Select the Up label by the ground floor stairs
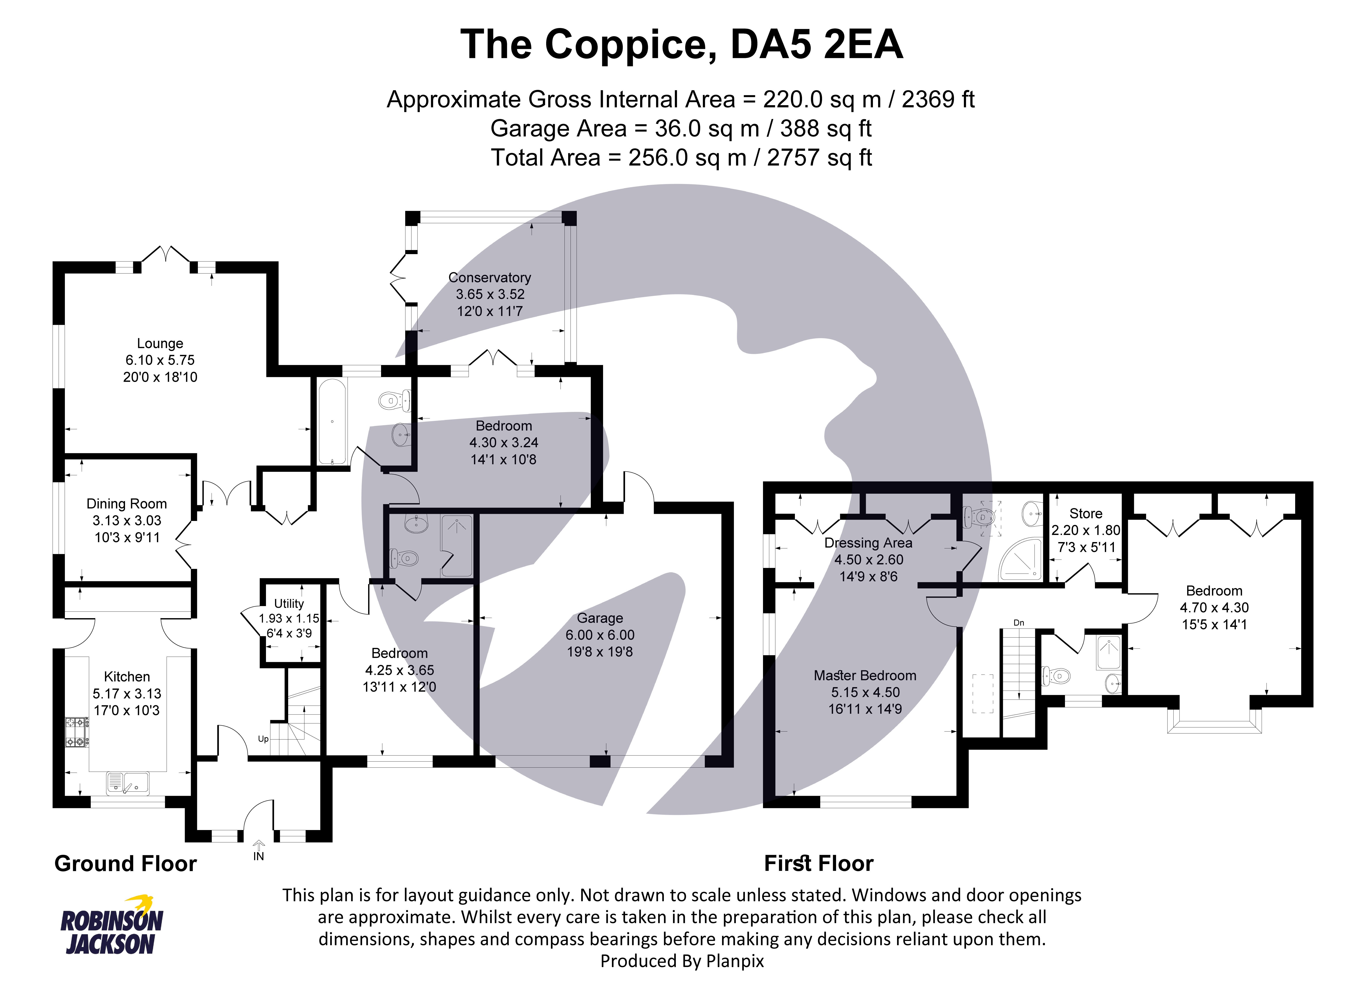[x=263, y=739]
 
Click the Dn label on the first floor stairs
[x=1018, y=623]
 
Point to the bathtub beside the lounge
[x=331, y=422]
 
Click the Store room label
[x=1085, y=513]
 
